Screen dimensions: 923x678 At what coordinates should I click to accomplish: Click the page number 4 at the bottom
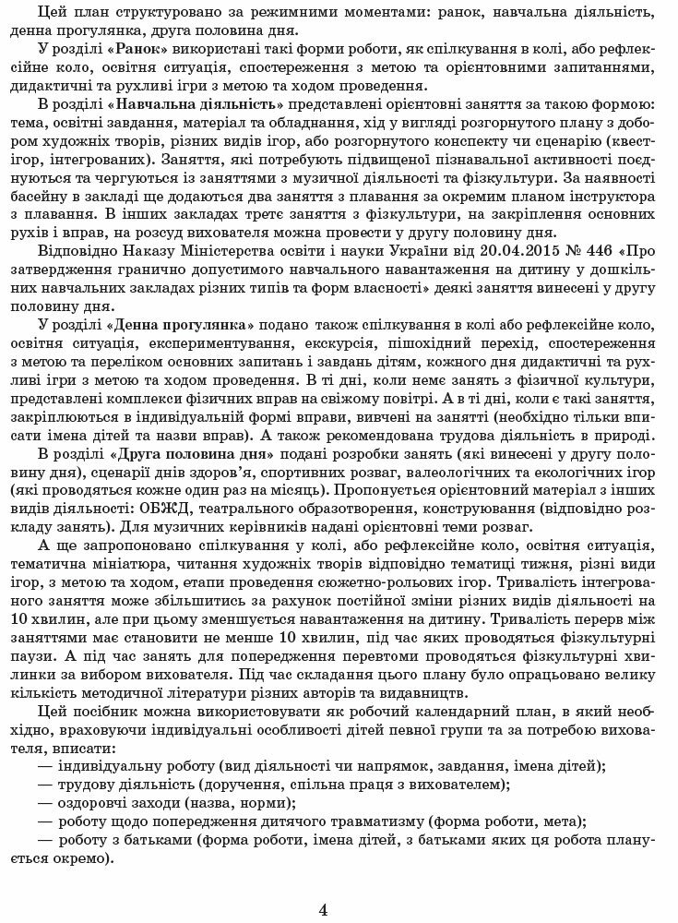pyautogui.click(x=324, y=909)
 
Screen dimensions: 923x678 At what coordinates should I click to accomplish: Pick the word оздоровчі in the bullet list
pyautogui.click(x=98, y=803)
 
